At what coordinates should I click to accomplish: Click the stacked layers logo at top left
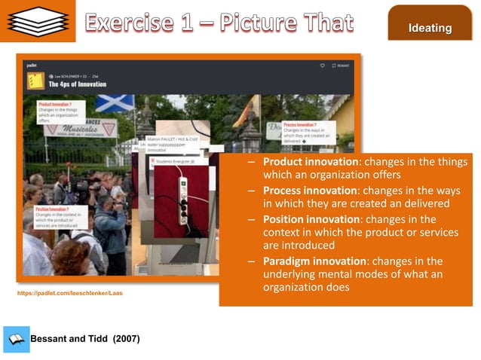[37, 21]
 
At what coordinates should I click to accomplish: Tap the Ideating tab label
[430, 29]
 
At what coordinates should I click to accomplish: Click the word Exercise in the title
[139, 23]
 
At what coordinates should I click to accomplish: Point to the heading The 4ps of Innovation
[77, 84]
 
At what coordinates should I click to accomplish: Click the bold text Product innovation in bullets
[310, 162]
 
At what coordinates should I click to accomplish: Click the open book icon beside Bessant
[16, 339]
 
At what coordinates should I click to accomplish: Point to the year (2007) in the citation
[126, 339]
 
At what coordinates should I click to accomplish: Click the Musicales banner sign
[85, 129]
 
